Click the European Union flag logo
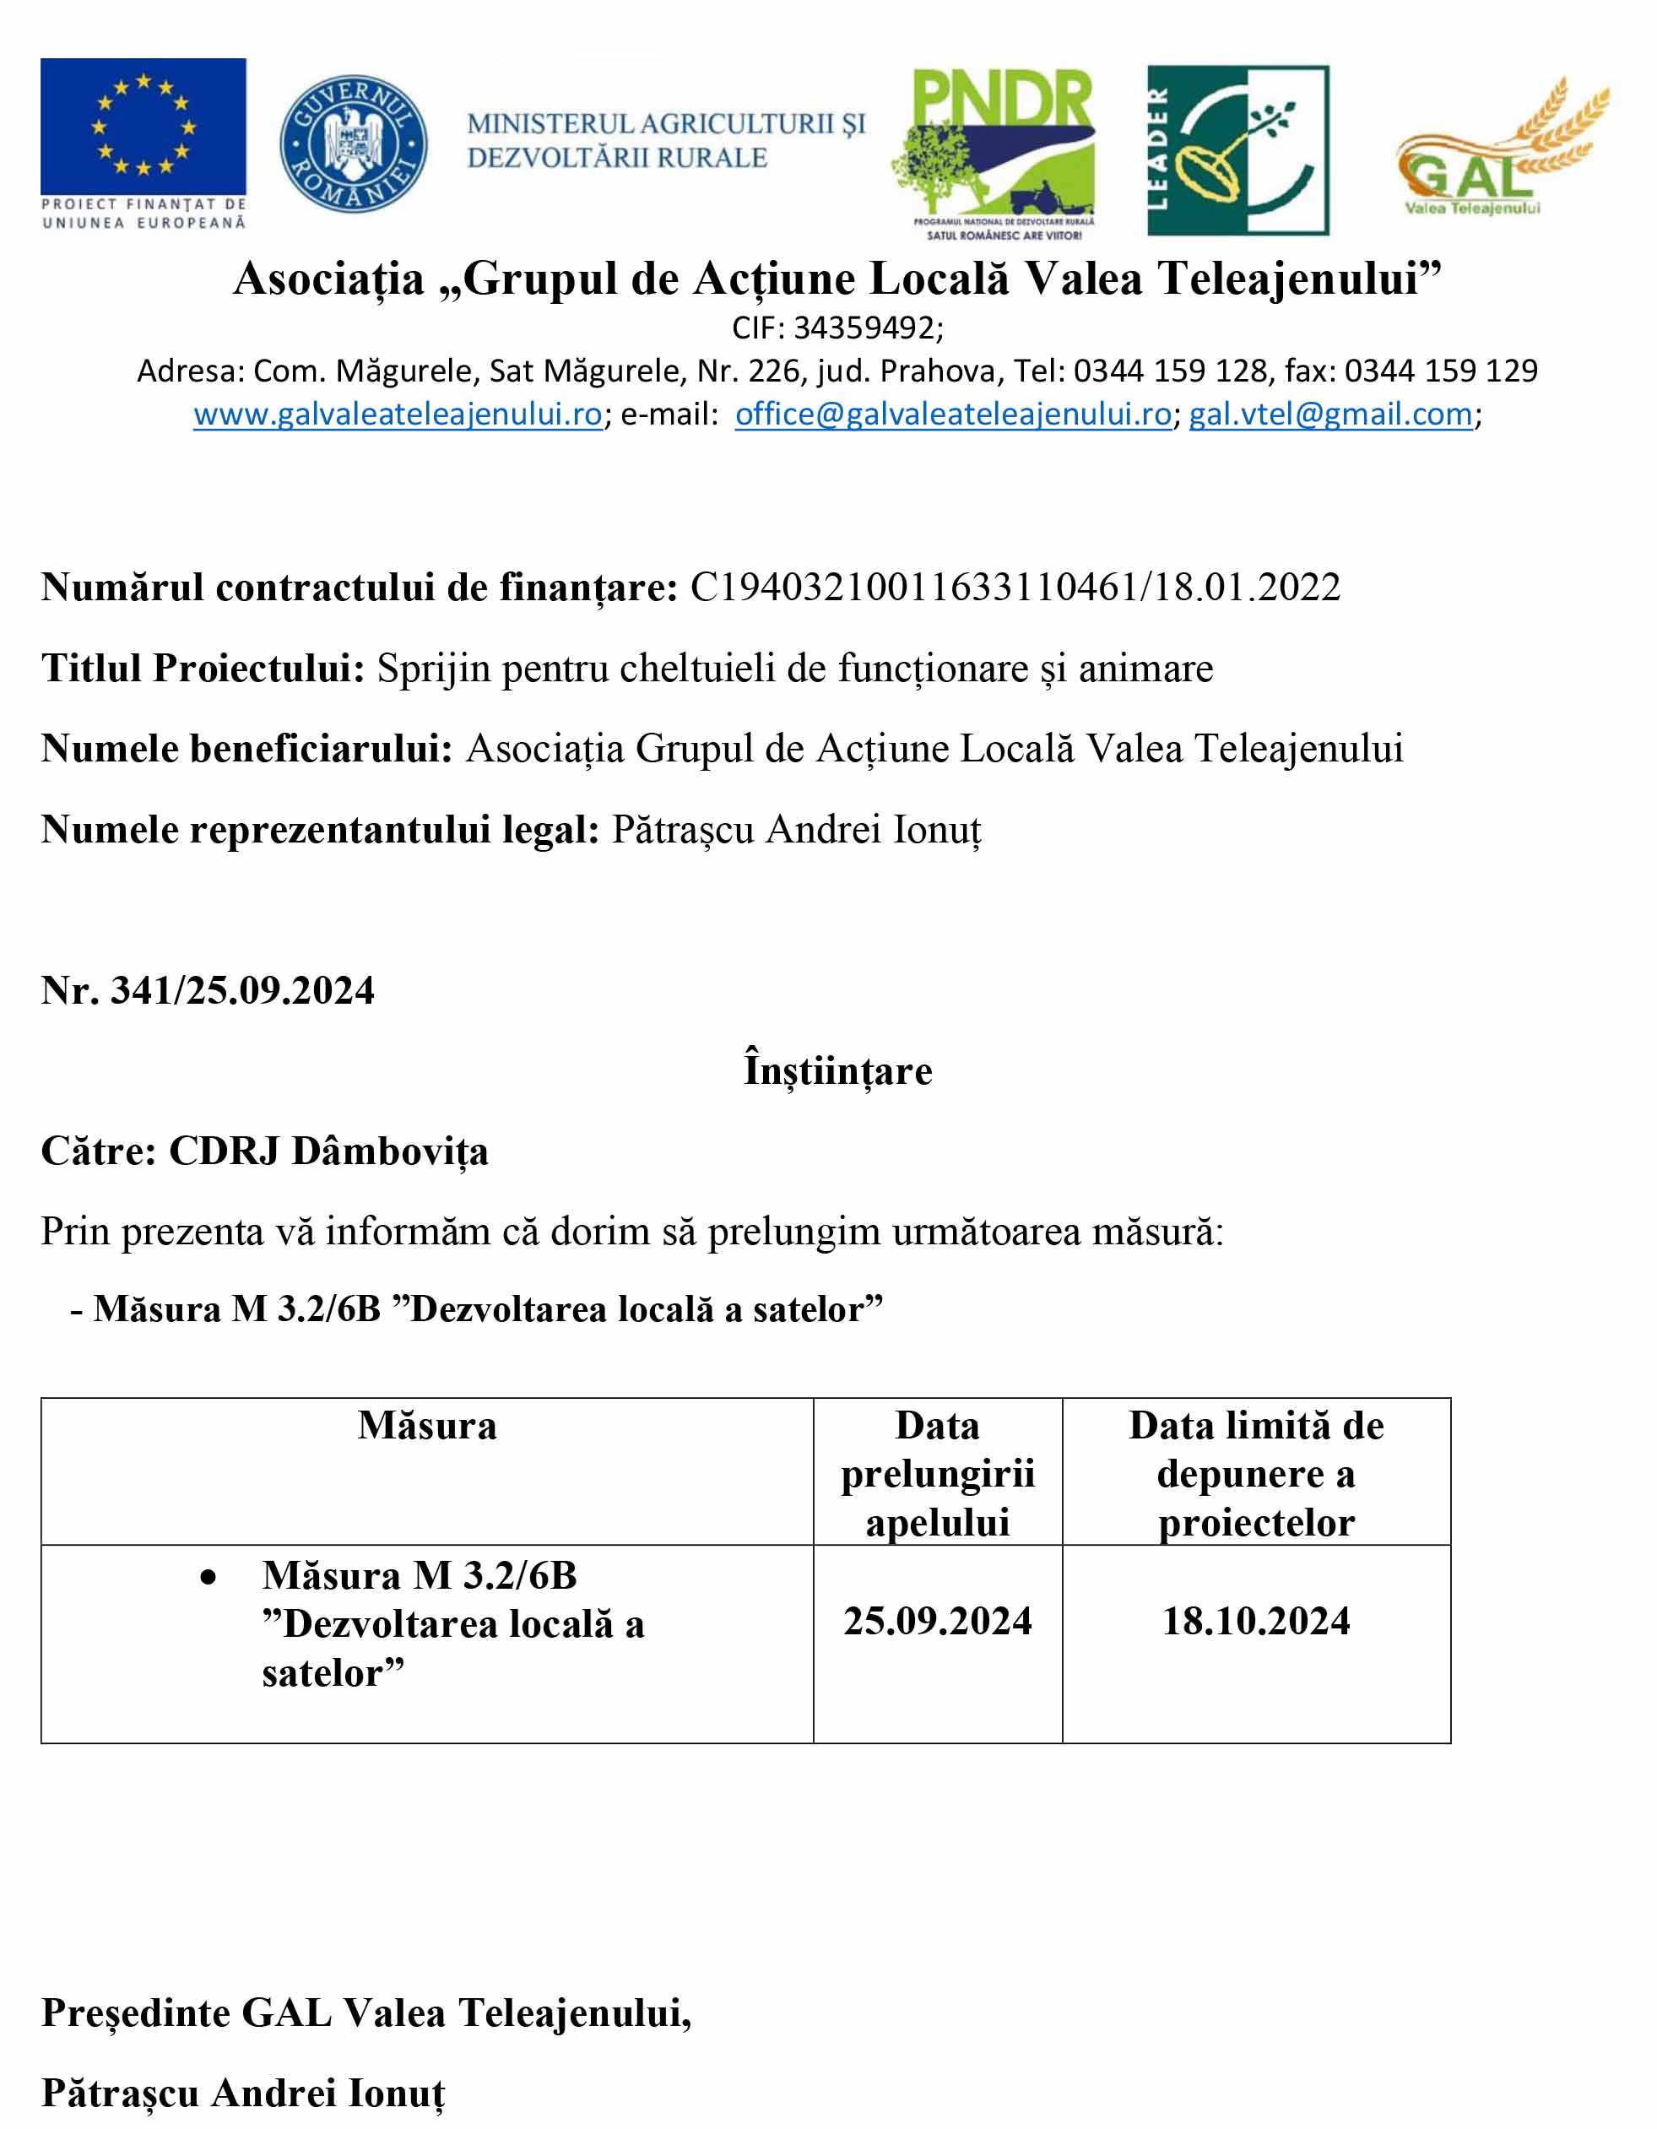coord(143,127)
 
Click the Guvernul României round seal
coord(353,144)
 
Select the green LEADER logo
coord(1237,150)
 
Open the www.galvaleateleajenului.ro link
coord(398,414)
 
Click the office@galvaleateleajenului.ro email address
coord(952,414)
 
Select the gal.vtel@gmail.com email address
coord(1329,414)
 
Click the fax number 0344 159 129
coord(1441,371)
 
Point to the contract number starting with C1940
coord(1014,587)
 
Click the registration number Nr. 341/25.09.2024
coord(208,990)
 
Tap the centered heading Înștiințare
coord(837,1070)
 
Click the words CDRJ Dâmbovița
coord(328,1151)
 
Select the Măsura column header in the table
coord(427,1426)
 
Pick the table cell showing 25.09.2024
coord(937,1621)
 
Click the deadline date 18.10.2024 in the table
coord(1255,1621)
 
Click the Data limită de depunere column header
coord(1255,1473)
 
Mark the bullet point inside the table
coord(208,1576)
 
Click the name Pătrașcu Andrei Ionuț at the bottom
coord(243,2093)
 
